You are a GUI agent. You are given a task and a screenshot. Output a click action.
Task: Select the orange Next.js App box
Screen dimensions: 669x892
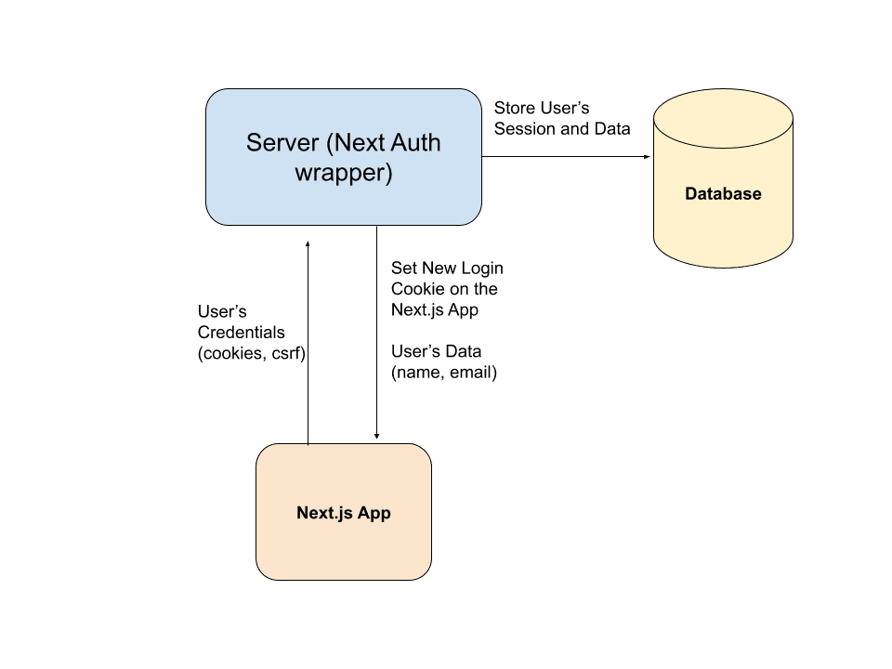coord(344,548)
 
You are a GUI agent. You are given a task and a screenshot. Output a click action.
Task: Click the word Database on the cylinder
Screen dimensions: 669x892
coord(723,194)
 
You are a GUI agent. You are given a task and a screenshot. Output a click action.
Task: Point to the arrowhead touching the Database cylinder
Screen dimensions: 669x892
coord(648,157)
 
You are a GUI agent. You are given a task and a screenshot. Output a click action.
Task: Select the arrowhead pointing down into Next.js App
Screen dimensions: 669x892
coord(376,436)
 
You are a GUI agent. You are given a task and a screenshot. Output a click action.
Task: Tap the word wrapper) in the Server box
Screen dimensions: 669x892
coord(344,173)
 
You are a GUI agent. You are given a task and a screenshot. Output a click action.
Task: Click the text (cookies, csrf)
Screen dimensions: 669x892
coord(252,353)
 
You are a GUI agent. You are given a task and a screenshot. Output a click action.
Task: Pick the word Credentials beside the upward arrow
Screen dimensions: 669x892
coord(242,332)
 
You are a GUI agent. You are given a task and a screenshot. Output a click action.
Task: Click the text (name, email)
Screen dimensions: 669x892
coord(444,373)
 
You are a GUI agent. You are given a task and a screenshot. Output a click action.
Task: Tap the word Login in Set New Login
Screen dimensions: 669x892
coord(482,268)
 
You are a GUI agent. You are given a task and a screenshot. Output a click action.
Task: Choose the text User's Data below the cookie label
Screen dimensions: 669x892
coord(437,352)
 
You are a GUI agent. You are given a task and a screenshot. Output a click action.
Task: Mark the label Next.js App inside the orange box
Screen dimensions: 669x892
coord(344,513)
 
